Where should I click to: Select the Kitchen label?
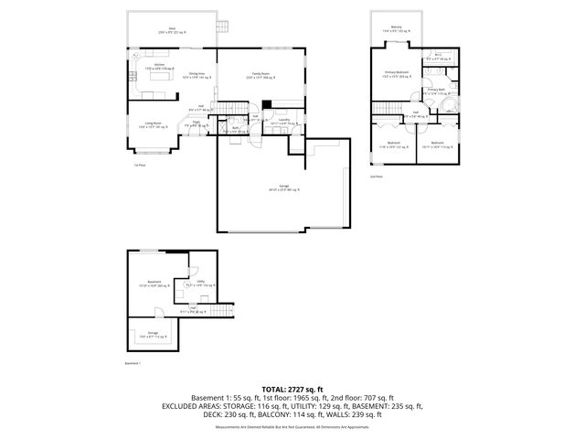(159, 66)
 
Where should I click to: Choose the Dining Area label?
(196, 75)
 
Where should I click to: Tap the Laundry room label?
(284, 121)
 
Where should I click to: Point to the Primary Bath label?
(435, 91)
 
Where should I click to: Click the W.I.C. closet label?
(438, 56)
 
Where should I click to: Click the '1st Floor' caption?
(140, 166)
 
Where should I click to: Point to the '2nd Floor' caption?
(376, 176)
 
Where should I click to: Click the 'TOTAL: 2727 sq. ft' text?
(292, 389)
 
